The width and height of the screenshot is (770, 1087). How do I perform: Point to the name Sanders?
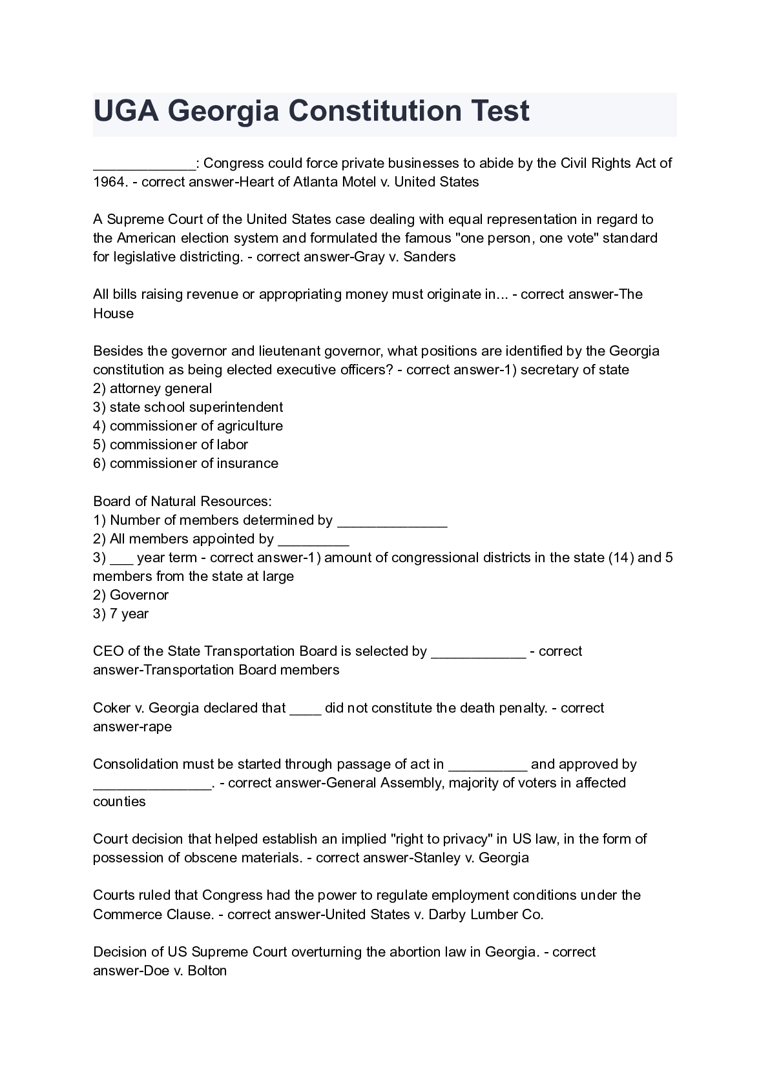click(x=429, y=257)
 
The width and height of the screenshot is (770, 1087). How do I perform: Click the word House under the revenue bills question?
click(x=113, y=314)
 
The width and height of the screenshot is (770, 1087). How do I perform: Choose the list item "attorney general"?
click(x=160, y=389)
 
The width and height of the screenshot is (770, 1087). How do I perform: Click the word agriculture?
click(x=249, y=426)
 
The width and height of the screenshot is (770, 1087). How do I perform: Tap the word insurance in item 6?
click(x=247, y=463)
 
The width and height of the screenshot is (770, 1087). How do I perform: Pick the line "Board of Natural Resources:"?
click(x=182, y=502)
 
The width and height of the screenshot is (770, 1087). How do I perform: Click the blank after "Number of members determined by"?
click(x=392, y=522)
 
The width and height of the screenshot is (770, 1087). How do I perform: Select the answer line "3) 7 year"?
click(x=121, y=614)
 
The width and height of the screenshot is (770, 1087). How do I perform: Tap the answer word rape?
click(x=158, y=727)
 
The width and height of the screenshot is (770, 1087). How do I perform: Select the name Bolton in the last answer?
click(x=207, y=971)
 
